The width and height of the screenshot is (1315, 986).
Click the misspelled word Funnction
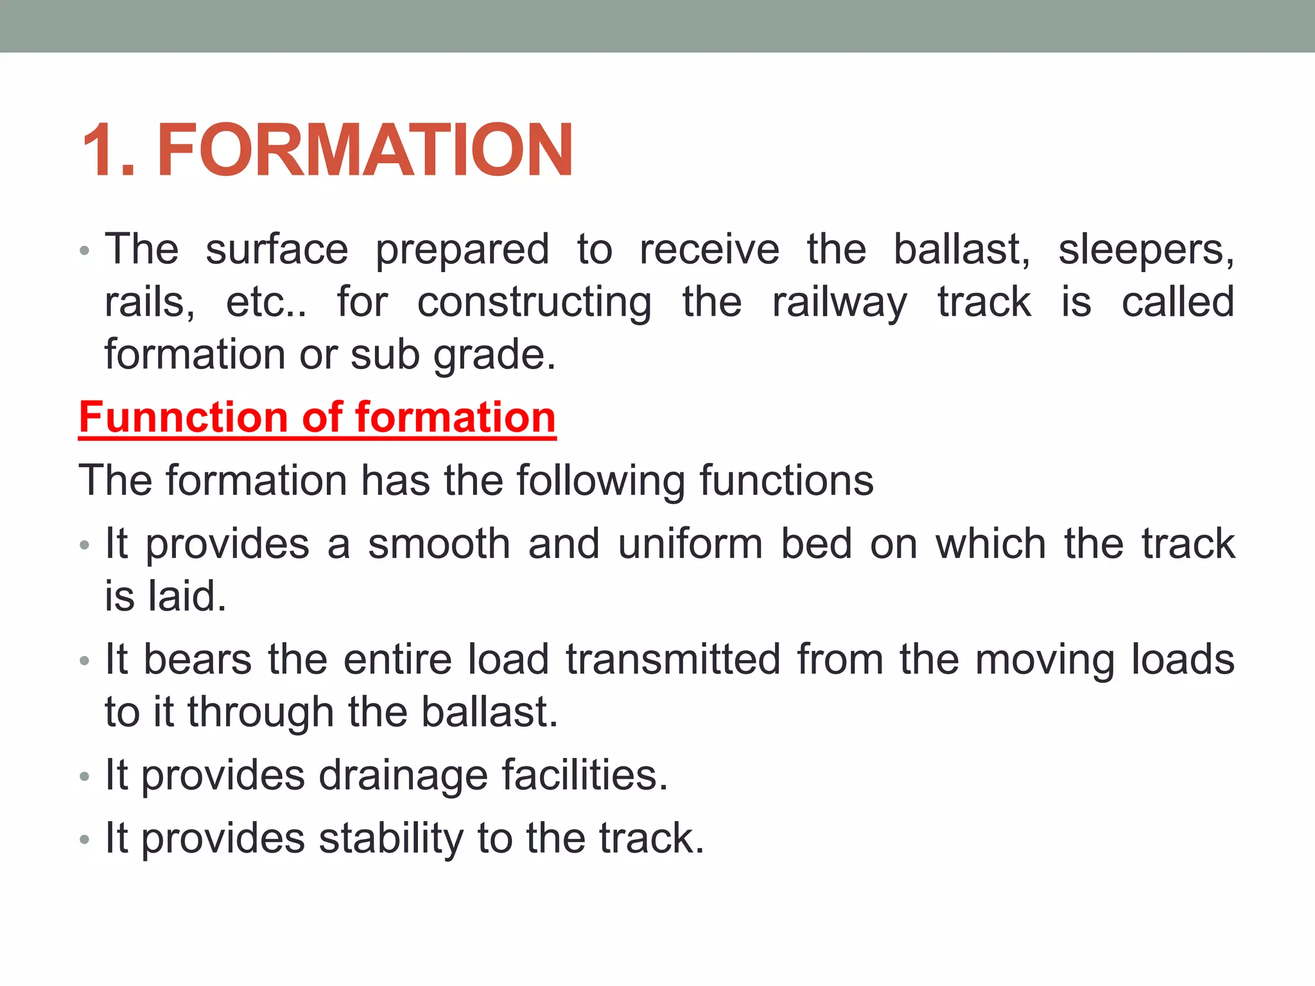pyautogui.click(x=183, y=417)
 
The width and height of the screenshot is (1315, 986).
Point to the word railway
pyautogui.click(x=839, y=303)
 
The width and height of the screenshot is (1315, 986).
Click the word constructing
pyautogui.click(x=534, y=303)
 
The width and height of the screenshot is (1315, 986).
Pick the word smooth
pyautogui.click(x=439, y=544)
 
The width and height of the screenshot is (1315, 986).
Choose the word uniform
pyautogui.click(x=690, y=544)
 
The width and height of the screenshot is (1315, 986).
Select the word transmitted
pyautogui.click(x=673, y=659)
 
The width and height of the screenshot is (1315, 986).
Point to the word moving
pyautogui.click(x=1045, y=661)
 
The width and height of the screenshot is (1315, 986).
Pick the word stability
pyautogui.click(x=391, y=839)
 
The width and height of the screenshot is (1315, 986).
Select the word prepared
pyautogui.click(x=462, y=250)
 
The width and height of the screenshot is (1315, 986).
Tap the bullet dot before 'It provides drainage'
pyautogui.click(x=84, y=777)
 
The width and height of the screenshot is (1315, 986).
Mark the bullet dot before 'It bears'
pyautogui.click(x=84, y=661)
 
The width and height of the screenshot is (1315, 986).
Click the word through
pyautogui.click(x=260, y=713)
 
